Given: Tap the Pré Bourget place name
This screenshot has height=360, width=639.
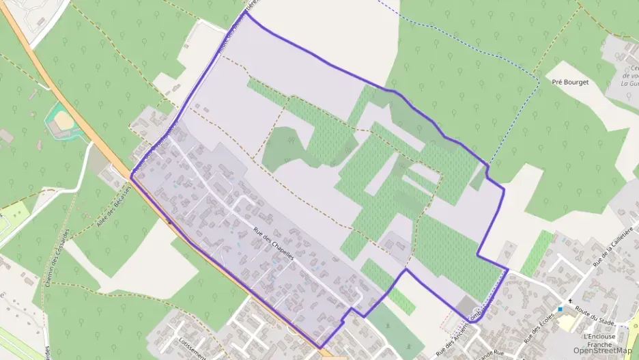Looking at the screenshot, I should coord(569,82).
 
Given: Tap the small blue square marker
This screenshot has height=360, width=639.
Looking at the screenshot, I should coord(560,309).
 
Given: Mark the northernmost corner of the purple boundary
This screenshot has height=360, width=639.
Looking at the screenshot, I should coord(246,13).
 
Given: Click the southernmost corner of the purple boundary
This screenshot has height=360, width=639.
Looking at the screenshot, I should coord(319,348).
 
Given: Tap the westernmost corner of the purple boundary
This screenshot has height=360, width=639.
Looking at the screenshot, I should coord(131,176).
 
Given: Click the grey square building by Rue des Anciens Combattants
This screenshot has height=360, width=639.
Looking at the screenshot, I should coord(468,306).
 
